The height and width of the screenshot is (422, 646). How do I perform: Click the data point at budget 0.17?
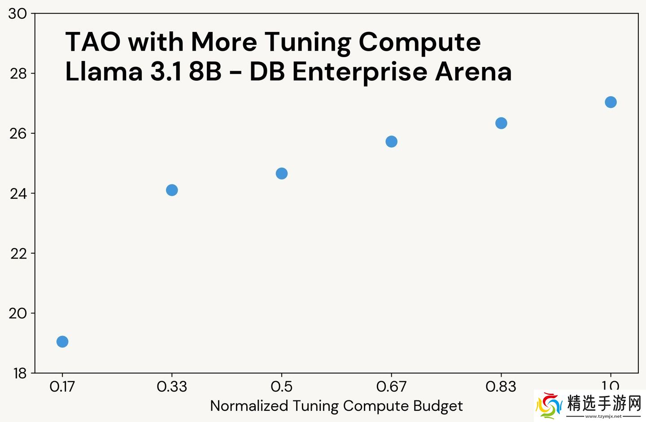click(62, 342)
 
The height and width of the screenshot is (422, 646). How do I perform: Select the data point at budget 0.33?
click(172, 190)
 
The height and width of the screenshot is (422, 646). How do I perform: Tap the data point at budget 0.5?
click(282, 173)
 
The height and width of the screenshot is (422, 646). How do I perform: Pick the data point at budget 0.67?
click(391, 141)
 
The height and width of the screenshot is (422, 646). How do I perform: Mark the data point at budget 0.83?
click(501, 123)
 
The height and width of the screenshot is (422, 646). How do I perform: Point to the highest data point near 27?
click(611, 102)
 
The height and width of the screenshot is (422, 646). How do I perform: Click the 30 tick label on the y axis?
click(18, 14)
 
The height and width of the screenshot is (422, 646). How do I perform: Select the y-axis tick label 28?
click(18, 74)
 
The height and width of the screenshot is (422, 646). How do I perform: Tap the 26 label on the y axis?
click(18, 133)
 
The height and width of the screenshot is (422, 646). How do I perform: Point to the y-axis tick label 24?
click(18, 193)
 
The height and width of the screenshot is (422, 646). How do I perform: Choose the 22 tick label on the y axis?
click(18, 254)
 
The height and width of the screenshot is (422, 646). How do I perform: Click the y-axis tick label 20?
click(18, 313)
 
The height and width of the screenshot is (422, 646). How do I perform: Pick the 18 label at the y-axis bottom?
click(19, 373)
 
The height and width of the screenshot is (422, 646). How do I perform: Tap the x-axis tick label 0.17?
click(62, 387)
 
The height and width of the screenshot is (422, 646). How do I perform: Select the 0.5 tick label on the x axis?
click(281, 387)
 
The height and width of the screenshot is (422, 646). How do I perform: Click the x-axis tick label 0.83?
click(501, 387)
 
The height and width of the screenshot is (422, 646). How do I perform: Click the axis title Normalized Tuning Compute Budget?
click(336, 406)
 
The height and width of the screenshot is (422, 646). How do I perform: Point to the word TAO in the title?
click(93, 42)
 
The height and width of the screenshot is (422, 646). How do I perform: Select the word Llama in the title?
click(104, 72)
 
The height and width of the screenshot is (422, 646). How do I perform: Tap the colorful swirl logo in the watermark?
click(548, 405)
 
